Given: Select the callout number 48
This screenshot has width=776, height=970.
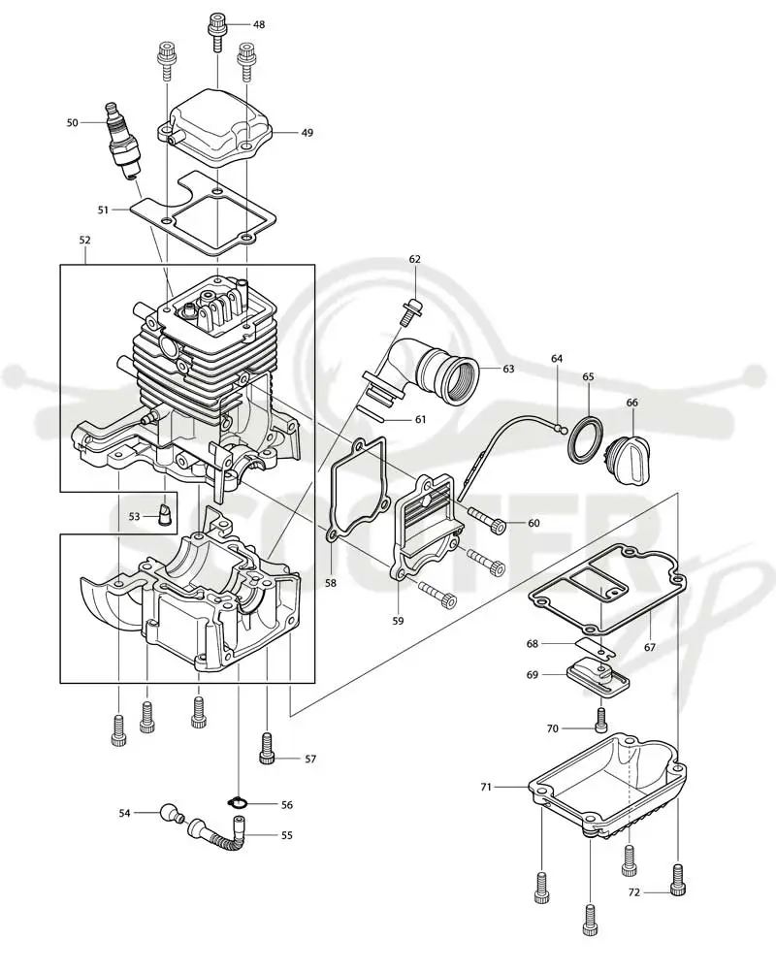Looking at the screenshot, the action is tap(259, 25).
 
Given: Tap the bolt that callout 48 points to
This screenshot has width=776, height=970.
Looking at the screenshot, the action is tap(218, 30).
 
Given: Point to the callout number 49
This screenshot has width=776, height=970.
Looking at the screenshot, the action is tap(307, 132).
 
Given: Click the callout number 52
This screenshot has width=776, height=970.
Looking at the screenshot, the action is tap(84, 240).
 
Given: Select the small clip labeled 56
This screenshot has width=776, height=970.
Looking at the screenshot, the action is tap(239, 803).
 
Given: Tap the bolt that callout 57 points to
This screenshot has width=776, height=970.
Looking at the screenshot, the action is tap(267, 749).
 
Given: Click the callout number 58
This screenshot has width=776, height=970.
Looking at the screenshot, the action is tap(331, 583).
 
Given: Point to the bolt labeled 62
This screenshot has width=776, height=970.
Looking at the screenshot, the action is tap(409, 311).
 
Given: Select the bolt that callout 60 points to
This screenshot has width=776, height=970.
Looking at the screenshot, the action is tap(488, 520).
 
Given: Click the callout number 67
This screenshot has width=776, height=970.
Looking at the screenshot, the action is tap(649, 647).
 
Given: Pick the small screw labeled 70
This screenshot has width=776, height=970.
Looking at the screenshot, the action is tap(600, 720).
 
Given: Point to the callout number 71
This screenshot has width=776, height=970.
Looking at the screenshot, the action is tap(486, 787).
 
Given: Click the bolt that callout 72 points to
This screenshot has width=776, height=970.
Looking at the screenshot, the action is tap(678, 879).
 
